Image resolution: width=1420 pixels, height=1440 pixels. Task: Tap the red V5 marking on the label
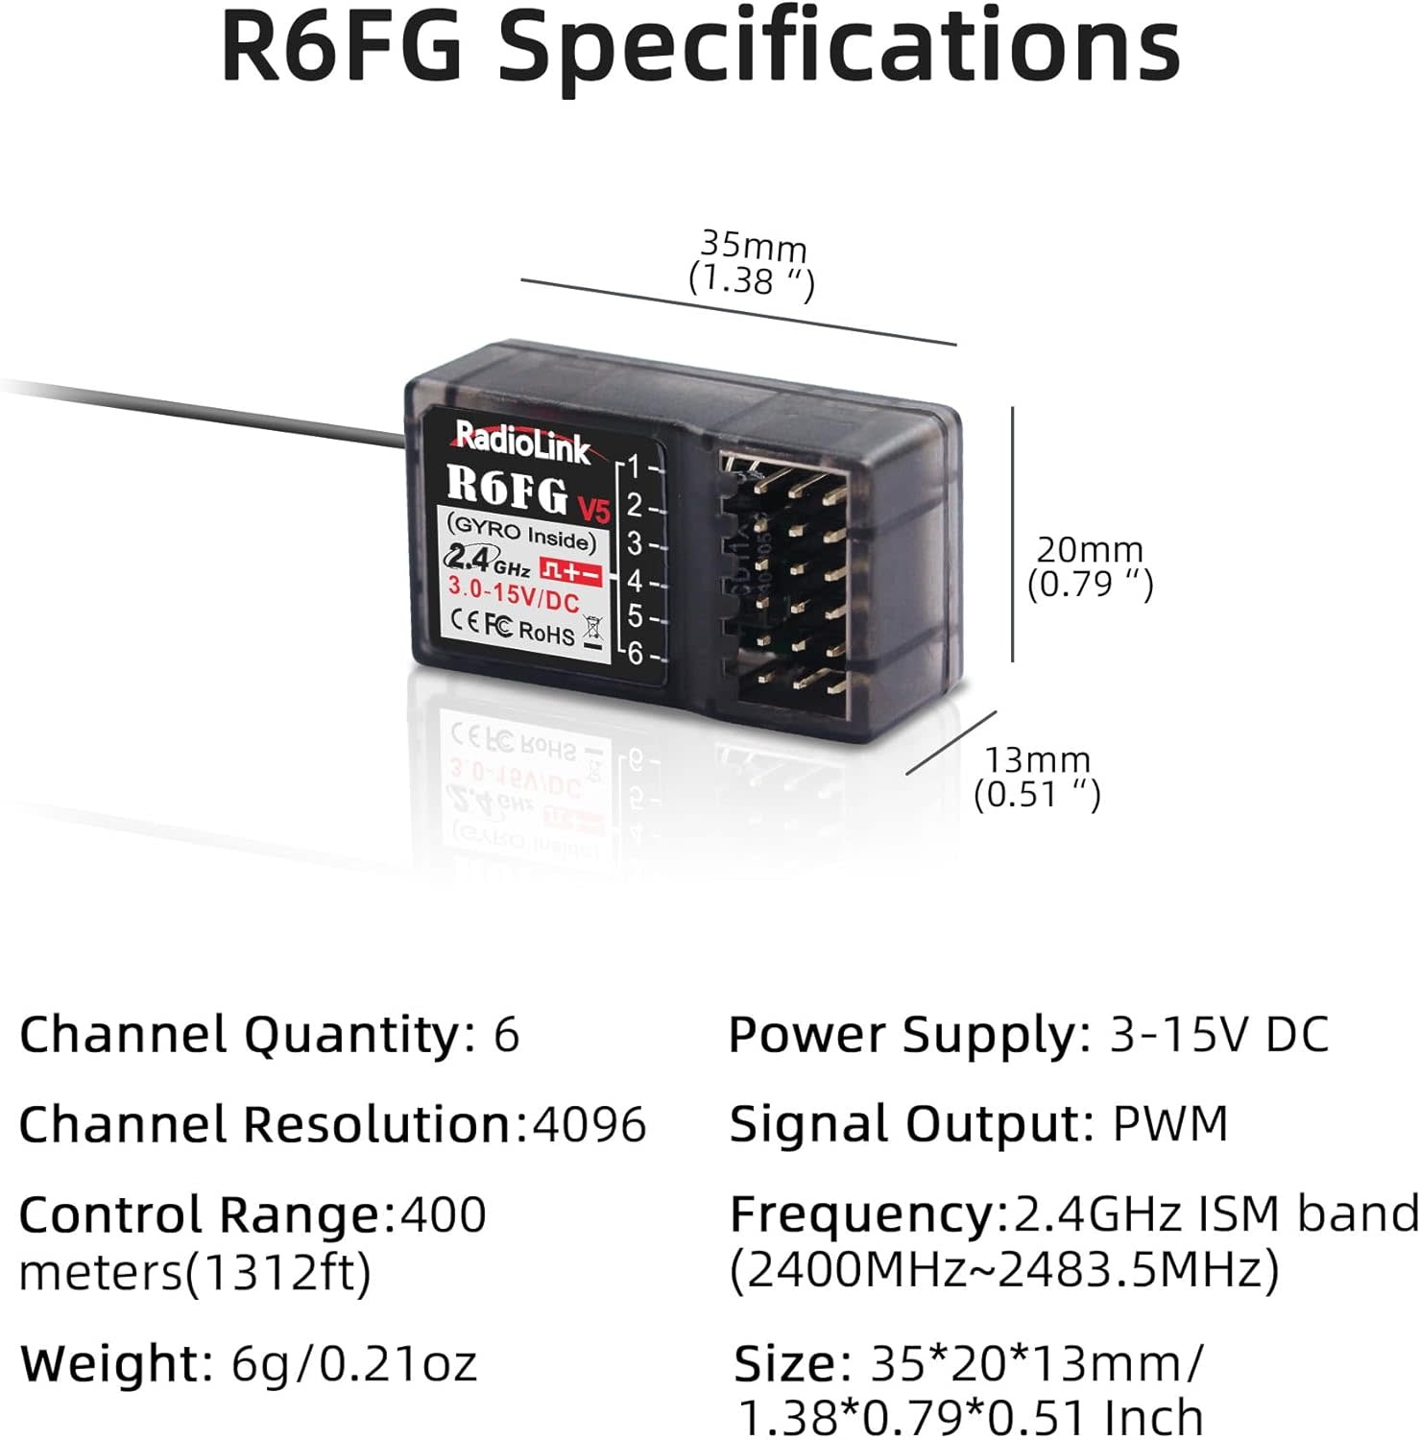(594, 506)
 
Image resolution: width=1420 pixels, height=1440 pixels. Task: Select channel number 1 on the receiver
(634, 468)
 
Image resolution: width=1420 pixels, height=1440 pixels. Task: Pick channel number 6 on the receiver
(635, 653)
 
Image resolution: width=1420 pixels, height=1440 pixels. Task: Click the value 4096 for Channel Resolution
(590, 1124)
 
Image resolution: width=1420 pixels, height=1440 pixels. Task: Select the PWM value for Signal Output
(1170, 1123)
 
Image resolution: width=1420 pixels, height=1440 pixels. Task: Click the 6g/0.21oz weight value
(354, 1363)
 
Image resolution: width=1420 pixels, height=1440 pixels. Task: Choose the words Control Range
(200, 1215)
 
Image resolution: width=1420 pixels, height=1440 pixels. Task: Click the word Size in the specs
(785, 1363)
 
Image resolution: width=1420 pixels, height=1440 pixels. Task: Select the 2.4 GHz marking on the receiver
(488, 559)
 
